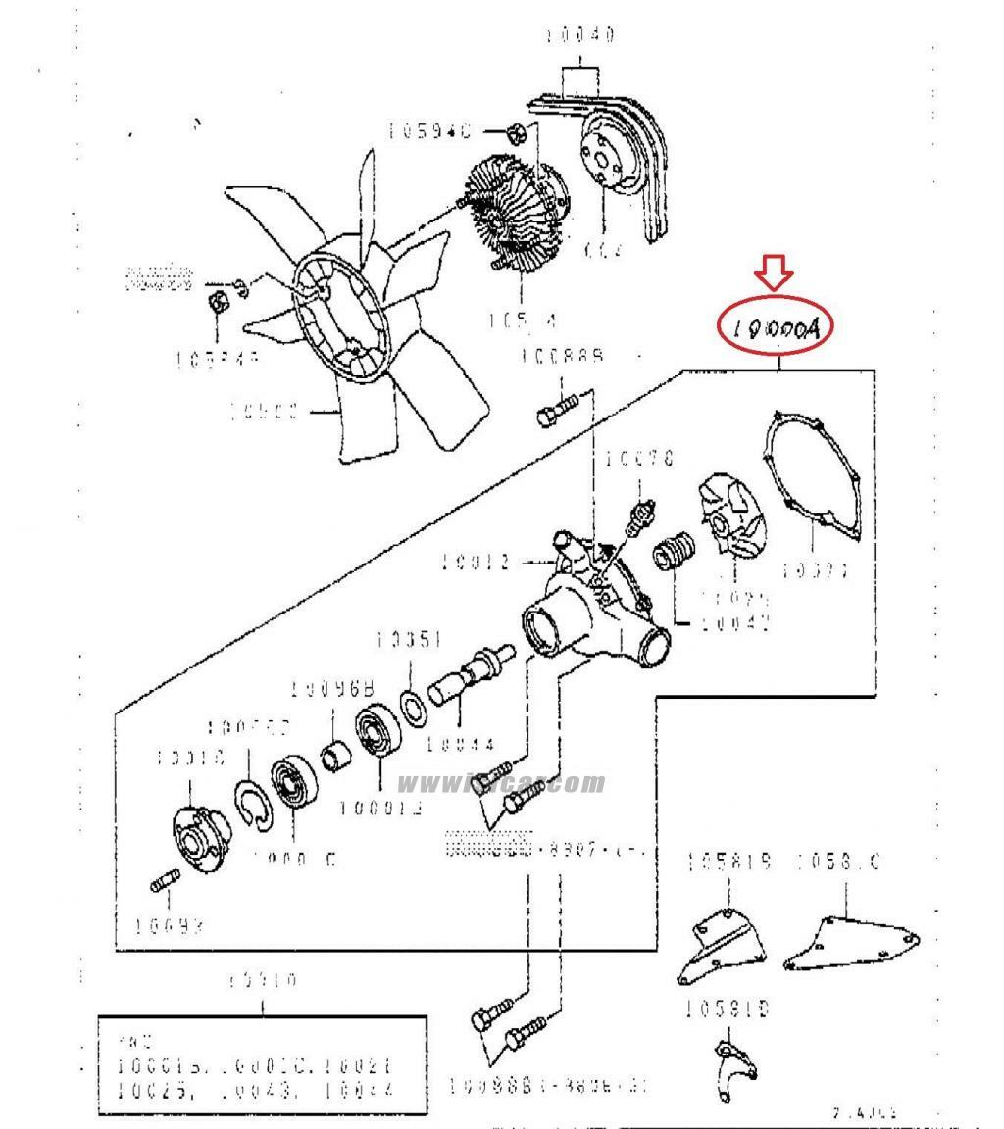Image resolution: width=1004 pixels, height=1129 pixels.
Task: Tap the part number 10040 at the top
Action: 580,36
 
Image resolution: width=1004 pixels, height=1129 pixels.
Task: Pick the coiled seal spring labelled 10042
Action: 673,553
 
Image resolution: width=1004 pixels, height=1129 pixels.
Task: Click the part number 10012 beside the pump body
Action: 475,563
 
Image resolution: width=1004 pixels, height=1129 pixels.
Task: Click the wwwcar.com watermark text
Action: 501,782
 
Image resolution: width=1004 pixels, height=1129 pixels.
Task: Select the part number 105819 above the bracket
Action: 729,862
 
